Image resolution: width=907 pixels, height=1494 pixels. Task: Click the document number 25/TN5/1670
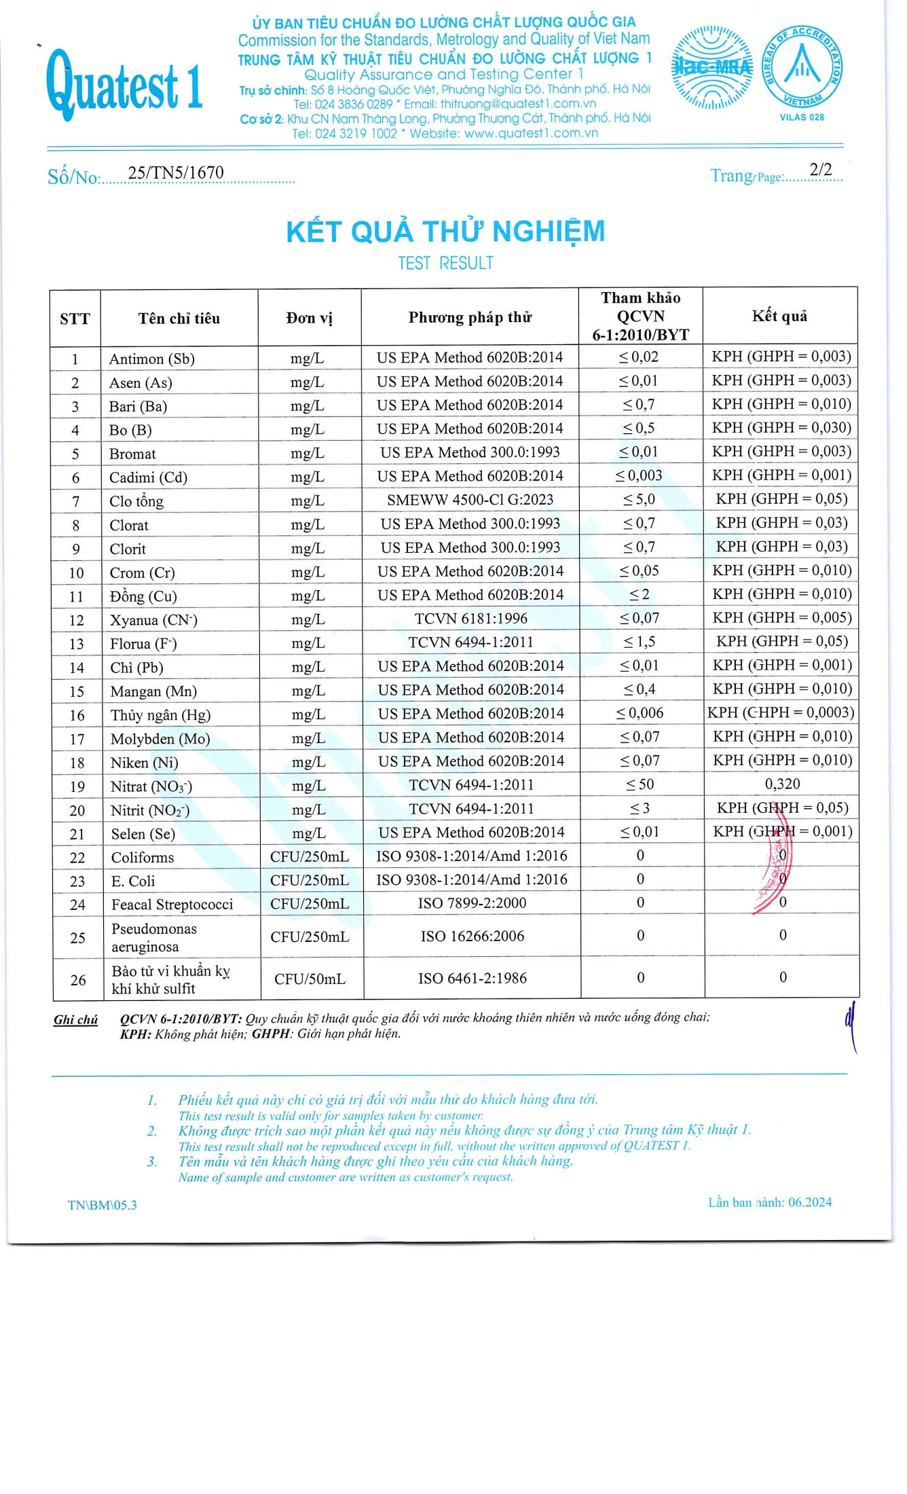tap(176, 172)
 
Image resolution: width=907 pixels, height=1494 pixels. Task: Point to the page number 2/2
tap(820, 169)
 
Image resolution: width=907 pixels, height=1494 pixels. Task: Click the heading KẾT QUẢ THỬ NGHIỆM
tap(445, 232)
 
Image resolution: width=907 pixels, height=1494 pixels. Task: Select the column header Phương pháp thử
tap(470, 317)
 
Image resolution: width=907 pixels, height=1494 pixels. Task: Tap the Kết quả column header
tap(779, 316)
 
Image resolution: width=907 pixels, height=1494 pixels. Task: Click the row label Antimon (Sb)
tap(152, 359)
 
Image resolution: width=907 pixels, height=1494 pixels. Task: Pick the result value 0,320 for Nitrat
tap(782, 784)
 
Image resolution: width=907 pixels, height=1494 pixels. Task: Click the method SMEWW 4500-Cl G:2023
tap(470, 500)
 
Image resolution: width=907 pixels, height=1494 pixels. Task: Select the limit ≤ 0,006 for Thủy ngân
tap(640, 713)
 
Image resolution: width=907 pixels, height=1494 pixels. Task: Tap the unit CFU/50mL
tap(310, 979)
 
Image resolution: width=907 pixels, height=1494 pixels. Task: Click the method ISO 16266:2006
tap(472, 936)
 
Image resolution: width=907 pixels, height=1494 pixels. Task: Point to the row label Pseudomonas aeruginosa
tap(154, 937)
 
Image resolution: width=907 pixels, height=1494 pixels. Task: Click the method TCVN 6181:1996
tap(470, 619)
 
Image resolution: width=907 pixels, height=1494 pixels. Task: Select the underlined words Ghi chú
tap(75, 1019)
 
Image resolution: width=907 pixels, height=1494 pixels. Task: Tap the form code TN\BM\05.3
tap(102, 1205)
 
